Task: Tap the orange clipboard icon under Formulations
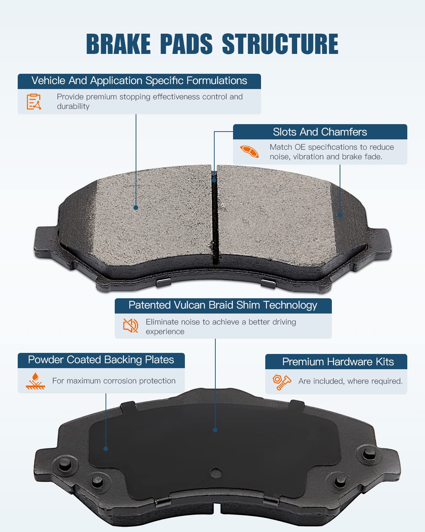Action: coord(34,101)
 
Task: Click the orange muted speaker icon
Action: coord(130,325)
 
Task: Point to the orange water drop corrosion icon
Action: coord(35,381)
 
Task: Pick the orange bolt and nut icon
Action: coord(282,382)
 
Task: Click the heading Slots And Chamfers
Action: coord(320,132)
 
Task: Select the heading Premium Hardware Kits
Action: coord(338,362)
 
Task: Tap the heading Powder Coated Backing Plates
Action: coord(101,360)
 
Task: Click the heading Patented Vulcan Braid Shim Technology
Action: coord(223,305)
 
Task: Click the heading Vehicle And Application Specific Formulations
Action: coord(139,81)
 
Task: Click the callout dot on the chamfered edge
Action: coord(340,215)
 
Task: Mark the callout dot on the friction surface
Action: coord(136,207)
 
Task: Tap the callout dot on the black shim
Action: coord(215,430)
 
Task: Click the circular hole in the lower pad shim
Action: coord(216,473)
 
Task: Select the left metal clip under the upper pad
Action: coord(163,282)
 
